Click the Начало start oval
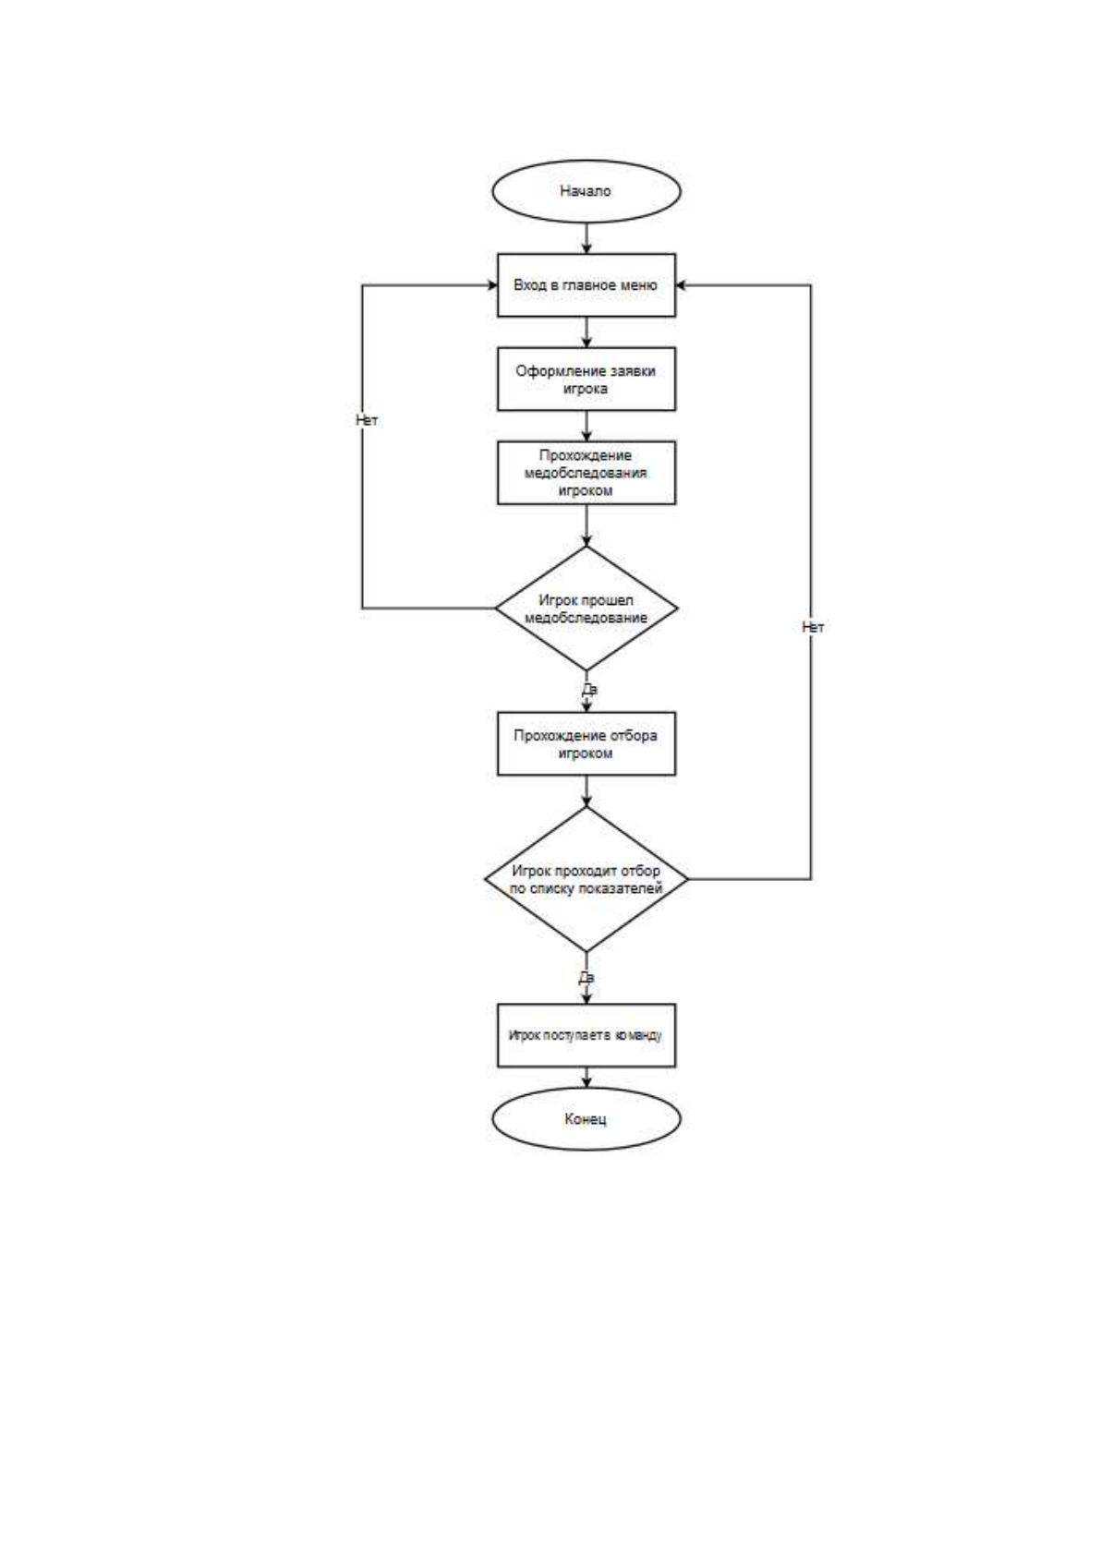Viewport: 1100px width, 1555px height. click(586, 191)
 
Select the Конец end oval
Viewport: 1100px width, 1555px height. click(586, 1118)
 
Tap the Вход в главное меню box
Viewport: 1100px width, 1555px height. click(586, 285)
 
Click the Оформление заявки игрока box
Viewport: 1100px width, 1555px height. click(586, 379)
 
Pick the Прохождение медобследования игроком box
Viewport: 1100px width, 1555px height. click(586, 473)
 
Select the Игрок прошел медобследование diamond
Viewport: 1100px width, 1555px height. click(586, 609)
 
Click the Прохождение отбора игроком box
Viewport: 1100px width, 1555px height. click(586, 743)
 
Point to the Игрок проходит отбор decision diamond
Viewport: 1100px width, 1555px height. click(586, 879)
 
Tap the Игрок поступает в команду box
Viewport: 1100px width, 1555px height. click(586, 1035)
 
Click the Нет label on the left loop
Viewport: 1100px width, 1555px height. click(367, 420)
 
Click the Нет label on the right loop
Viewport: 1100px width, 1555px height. click(813, 627)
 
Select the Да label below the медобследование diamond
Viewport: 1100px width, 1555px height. click(589, 690)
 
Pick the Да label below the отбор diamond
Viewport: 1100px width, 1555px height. click(586, 978)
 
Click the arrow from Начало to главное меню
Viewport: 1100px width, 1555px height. click(586, 238)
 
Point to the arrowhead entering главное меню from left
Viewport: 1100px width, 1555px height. click(493, 285)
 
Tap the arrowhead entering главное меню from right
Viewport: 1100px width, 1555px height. click(681, 285)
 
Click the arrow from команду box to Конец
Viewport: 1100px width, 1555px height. click(586, 1077)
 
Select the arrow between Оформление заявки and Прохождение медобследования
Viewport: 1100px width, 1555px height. click(586, 426)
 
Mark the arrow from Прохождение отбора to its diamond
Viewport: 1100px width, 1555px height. click(586, 790)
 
